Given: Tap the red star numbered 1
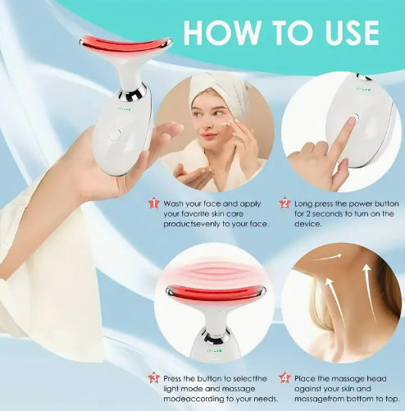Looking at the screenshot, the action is coord(154,203).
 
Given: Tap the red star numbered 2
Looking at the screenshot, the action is coord(284,203).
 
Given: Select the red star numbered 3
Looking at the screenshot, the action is coord(154,378).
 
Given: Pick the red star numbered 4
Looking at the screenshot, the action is coord(284,378).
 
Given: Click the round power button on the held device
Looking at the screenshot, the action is coord(115,135).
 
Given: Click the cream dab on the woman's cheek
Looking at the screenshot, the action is coord(226,124).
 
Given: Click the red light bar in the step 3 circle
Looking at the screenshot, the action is coord(215,293).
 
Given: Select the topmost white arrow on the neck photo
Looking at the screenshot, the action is coord(327,257).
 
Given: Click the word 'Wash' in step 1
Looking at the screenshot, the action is coord(173,204).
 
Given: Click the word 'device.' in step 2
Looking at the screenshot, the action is coord(304,224).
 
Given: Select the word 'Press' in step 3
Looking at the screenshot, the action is coord(172,379).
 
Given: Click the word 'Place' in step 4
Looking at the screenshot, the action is coord(304,379).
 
